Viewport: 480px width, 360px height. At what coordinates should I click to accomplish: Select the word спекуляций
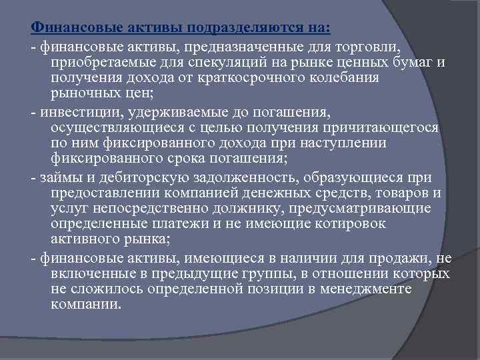coord(219,63)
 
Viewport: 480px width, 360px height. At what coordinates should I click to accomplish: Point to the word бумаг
coord(418,63)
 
